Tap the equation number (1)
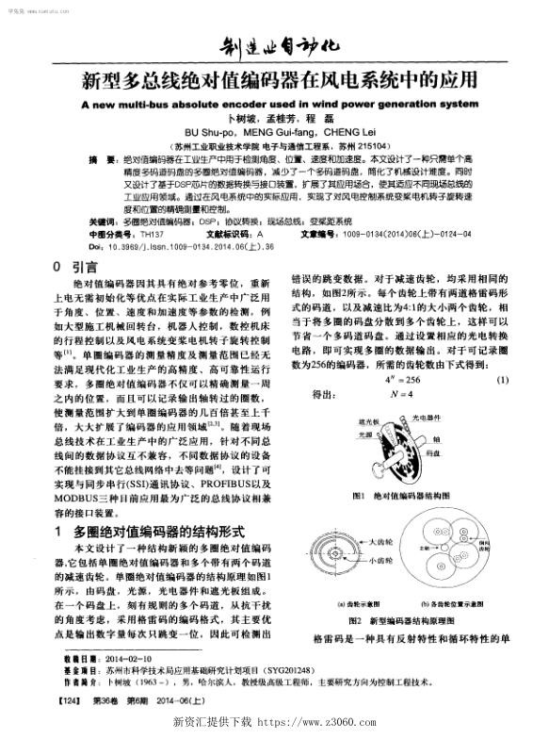[x=502, y=380]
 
